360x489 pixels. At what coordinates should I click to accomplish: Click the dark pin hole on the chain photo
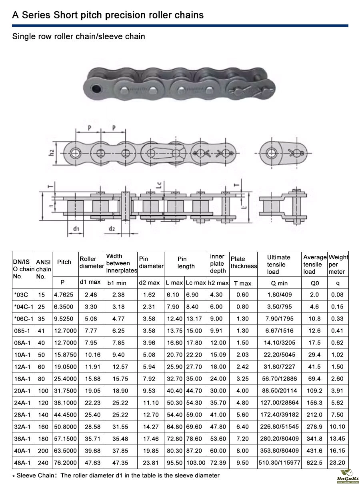point(96,88)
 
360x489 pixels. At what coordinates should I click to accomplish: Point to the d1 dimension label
point(76,228)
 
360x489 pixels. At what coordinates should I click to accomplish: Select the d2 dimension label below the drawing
point(112,228)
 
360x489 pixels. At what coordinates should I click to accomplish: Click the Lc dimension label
point(160,185)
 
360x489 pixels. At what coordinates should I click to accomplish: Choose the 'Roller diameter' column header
point(92,262)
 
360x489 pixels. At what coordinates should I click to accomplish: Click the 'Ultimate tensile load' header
point(279,264)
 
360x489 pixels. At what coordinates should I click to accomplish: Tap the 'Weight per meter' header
point(338,264)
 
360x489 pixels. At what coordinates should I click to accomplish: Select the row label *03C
point(21,295)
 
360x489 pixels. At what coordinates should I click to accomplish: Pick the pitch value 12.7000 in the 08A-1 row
point(65,343)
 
